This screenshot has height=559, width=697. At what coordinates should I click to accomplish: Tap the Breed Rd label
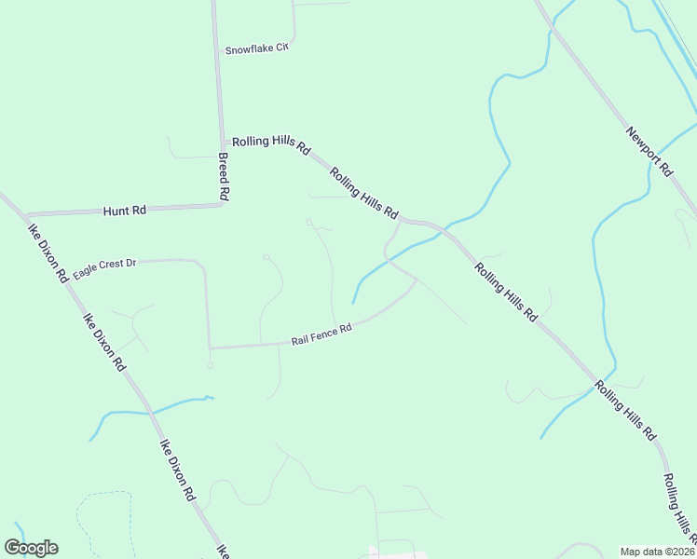pos(224,177)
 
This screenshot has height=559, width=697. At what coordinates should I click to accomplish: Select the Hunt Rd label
pos(125,211)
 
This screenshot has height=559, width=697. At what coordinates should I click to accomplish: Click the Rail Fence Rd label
pos(321,334)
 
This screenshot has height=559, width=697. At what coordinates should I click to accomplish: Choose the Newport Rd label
pos(649,151)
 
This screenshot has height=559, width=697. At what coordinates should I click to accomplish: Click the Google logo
pos(31,548)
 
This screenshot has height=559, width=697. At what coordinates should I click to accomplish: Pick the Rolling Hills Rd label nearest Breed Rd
pos(270,143)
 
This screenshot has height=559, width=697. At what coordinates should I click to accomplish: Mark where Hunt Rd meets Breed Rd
pos(223,205)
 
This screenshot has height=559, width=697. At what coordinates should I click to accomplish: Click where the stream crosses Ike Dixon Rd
pos(146,410)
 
